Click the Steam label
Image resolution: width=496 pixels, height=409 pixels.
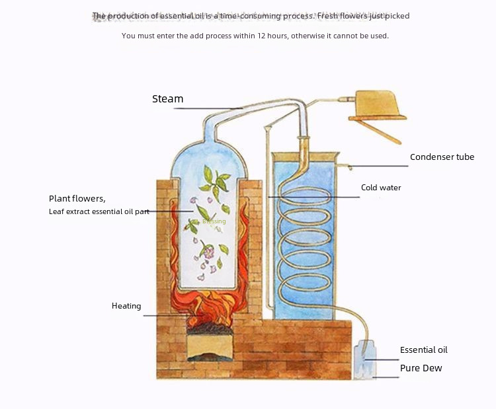pyautogui.click(x=167, y=99)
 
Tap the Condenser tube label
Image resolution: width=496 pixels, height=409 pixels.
pyautogui.click(x=442, y=157)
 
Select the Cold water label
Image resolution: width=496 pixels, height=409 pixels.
pyautogui.click(x=381, y=188)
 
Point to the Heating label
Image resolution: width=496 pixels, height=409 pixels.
pyautogui.click(x=126, y=306)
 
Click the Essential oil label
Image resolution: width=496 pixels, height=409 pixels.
pyautogui.click(x=423, y=350)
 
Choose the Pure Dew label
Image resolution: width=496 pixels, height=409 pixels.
pyautogui.click(x=421, y=368)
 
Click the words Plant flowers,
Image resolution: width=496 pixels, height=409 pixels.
pyautogui.click(x=77, y=198)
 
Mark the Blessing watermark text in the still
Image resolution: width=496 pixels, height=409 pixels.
pyautogui.click(x=214, y=221)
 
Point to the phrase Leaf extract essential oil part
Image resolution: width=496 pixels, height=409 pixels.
pyautogui.click(x=99, y=211)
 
